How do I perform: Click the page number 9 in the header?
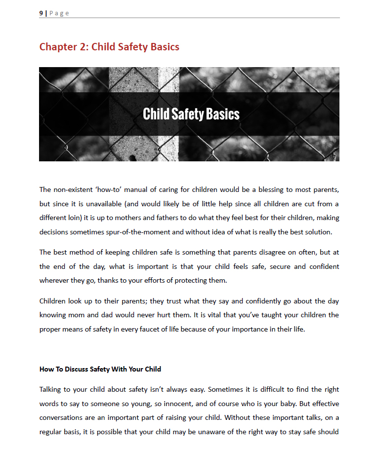click(41, 13)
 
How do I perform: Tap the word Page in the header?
click(59, 13)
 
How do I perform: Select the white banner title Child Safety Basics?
click(191, 114)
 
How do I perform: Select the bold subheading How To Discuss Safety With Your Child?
click(100, 369)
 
